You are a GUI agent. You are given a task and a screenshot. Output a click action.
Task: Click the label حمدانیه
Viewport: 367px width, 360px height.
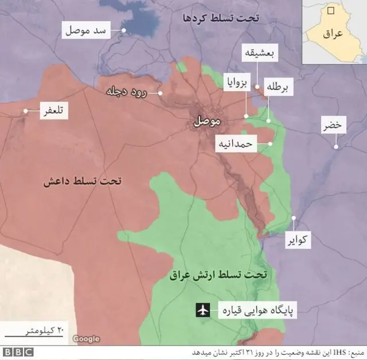tap(235, 145)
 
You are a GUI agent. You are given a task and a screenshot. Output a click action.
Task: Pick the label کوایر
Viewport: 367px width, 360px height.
tap(299, 239)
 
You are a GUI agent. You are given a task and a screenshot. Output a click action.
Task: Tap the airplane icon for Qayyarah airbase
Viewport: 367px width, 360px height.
tap(202, 311)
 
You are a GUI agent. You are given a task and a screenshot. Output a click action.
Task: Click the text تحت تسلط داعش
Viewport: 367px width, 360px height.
tap(83, 181)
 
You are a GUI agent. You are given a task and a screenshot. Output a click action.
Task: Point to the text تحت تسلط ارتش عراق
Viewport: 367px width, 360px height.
tap(218, 275)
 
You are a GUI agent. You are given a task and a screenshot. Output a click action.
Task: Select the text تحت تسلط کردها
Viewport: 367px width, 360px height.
tap(221, 18)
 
